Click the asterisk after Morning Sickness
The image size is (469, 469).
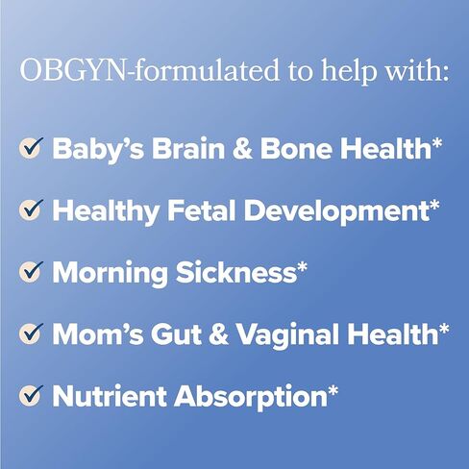pos(302,266)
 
